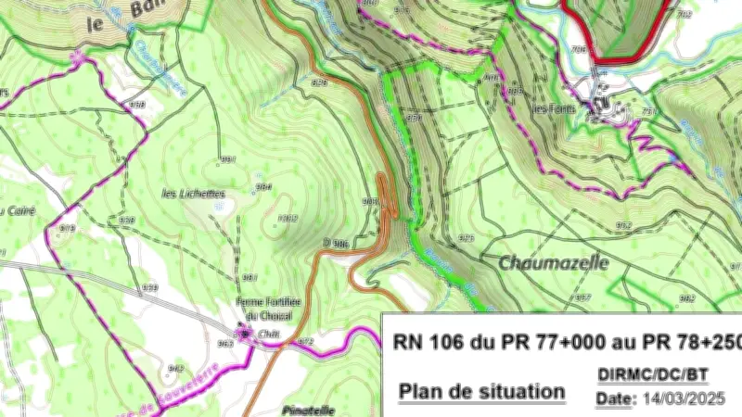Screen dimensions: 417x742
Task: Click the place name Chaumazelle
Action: click(x=554, y=262)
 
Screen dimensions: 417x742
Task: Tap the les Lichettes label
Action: click(x=194, y=194)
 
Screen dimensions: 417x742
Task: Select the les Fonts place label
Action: click(x=554, y=108)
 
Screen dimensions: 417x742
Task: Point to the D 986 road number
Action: click(x=335, y=243)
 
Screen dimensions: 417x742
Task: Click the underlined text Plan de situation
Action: click(x=481, y=391)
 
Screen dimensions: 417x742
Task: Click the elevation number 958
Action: click(x=137, y=105)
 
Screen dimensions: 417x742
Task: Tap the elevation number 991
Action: click(x=227, y=160)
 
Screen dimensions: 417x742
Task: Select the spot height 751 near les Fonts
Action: click(x=649, y=112)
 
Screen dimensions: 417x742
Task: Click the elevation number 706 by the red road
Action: click(x=580, y=49)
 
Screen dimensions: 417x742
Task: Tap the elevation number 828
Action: click(x=320, y=83)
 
